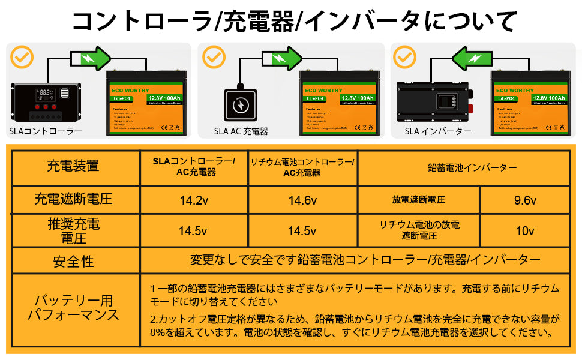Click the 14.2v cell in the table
click(x=193, y=200)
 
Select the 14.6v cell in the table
click(x=302, y=200)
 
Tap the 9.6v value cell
click(x=525, y=200)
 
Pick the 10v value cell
click(x=525, y=231)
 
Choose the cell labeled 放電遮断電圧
click(x=419, y=200)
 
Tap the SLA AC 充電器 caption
click(x=241, y=131)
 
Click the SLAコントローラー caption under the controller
click(x=46, y=131)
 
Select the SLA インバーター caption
click(x=438, y=131)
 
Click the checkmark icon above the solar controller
click(x=22, y=57)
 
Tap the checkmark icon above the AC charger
click(x=214, y=57)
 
